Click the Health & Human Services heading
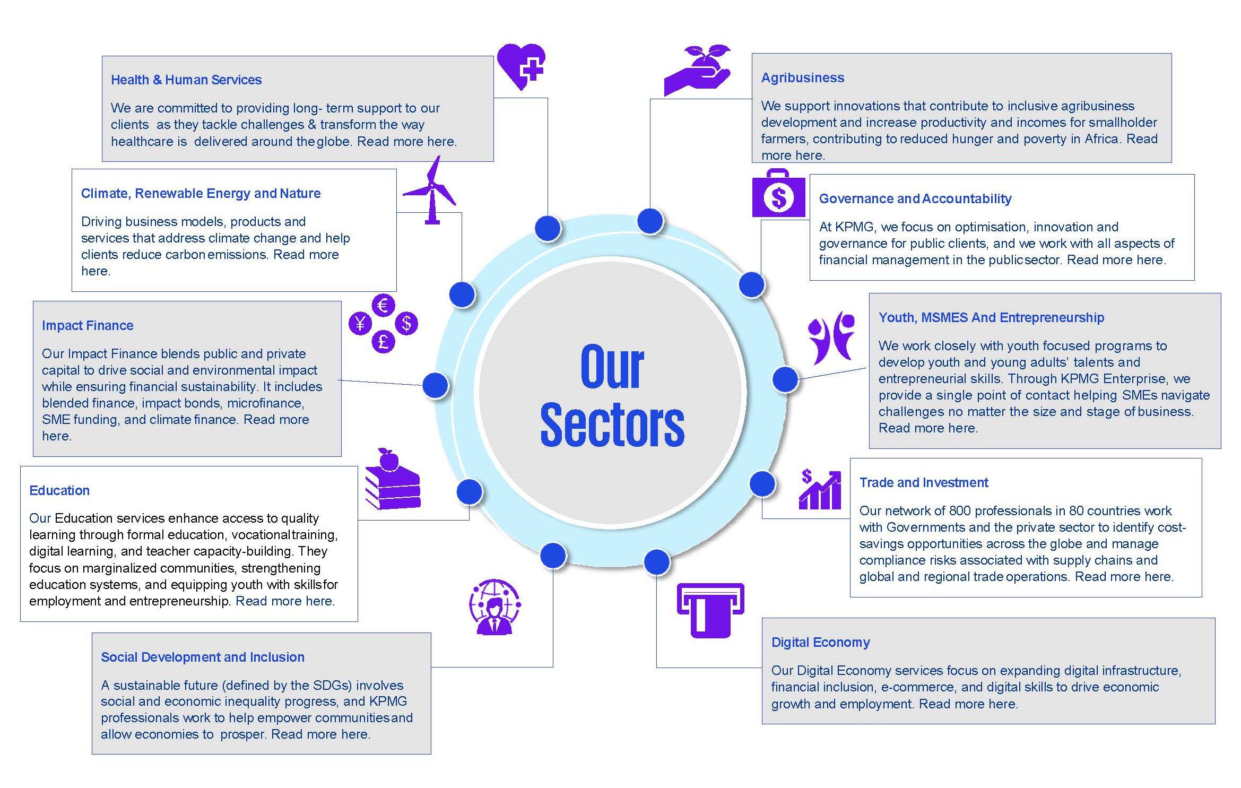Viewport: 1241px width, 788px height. pyautogui.click(x=186, y=80)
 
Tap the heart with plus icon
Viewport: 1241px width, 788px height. pyautogui.click(x=521, y=66)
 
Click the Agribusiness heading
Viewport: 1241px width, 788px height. pyautogui.click(x=802, y=77)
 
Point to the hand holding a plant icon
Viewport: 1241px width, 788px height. pyautogui.click(x=697, y=72)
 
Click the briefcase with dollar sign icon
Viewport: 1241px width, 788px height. pyautogui.click(x=778, y=194)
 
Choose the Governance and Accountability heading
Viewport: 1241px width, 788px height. pyautogui.click(x=915, y=198)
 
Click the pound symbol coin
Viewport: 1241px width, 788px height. pyautogui.click(x=383, y=341)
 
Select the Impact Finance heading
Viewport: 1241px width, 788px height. pyautogui.click(x=88, y=325)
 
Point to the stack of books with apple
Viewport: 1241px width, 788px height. pyautogui.click(x=392, y=480)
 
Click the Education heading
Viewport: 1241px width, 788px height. pyautogui.click(x=59, y=490)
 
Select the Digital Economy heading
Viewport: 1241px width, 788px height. pyautogui.click(x=820, y=642)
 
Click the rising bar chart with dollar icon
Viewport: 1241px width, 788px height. pyautogui.click(x=820, y=490)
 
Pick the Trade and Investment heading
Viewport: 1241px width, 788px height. pyautogui.click(x=924, y=482)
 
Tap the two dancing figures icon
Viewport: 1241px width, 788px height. pyautogui.click(x=831, y=337)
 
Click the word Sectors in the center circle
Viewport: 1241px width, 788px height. pyautogui.click(x=612, y=425)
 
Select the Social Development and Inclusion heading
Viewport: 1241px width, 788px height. pyautogui.click(x=203, y=657)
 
